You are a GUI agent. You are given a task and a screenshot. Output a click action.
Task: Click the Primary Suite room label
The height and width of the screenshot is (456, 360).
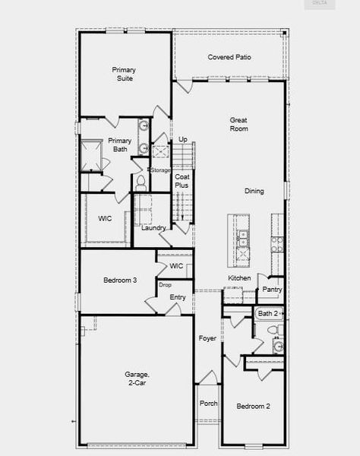124,74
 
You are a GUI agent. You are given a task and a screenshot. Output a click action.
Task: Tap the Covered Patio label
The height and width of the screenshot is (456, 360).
229,57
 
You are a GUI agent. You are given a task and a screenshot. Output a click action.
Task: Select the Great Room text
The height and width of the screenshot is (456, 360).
239,124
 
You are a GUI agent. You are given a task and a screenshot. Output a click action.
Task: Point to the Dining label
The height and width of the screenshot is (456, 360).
254,191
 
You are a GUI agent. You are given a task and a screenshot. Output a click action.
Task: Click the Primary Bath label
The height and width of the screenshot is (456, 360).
120,144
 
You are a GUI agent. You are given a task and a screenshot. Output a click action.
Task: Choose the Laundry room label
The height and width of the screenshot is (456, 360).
153,227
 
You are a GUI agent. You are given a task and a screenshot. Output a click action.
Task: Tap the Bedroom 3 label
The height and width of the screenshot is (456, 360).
120,280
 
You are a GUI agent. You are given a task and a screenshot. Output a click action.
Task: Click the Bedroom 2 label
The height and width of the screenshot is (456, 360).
253,407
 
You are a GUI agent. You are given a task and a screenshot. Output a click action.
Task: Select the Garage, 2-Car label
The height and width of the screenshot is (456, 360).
137,378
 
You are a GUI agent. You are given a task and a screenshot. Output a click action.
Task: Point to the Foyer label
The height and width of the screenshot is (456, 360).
207,338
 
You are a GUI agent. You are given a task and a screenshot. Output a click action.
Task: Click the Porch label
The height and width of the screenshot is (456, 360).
207,404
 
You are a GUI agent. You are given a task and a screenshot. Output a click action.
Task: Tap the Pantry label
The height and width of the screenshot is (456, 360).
272,290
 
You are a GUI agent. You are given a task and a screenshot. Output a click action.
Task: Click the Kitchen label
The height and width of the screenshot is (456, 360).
239,278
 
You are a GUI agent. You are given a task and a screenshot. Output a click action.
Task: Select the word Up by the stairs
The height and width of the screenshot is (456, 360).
183,139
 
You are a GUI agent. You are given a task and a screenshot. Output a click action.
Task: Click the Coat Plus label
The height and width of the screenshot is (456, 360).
182,181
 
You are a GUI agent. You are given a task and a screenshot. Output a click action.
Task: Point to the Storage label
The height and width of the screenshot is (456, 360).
160,170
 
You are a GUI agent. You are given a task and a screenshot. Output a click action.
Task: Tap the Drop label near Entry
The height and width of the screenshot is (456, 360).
165,284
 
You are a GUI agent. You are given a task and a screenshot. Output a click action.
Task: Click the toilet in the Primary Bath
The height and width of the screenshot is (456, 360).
140,182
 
